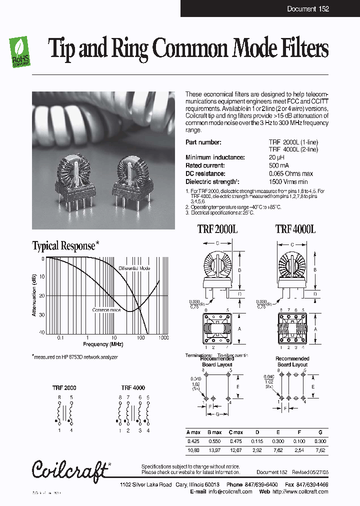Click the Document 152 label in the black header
[x=307, y=9]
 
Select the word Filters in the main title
[x=300, y=49]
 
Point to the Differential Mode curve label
[x=134, y=268]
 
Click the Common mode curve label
[x=106, y=310]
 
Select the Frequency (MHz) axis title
[x=103, y=344]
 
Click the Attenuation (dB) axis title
[x=34, y=296]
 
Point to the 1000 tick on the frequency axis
[x=163, y=338]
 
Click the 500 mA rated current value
[x=278, y=165]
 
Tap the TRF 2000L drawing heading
[x=217, y=229]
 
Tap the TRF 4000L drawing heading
[x=295, y=229]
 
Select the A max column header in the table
[x=193, y=432]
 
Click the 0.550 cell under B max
[x=214, y=441]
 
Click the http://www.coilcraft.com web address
[x=300, y=491]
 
